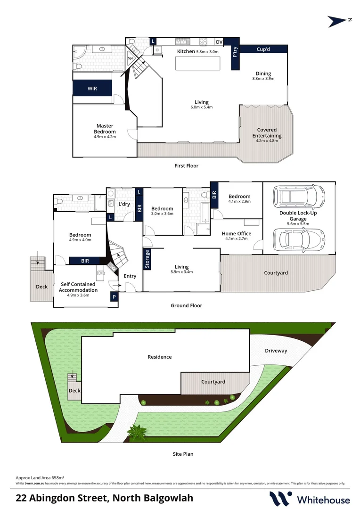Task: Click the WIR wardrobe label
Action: click(92, 88)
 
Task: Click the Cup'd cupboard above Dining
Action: click(263, 49)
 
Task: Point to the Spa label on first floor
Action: click(131, 58)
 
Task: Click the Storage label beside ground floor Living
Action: click(147, 259)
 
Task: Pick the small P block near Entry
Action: click(114, 297)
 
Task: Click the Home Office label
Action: click(237, 234)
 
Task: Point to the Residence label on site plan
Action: click(160, 357)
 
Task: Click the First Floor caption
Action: click(186, 166)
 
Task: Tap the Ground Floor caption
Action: click(186, 305)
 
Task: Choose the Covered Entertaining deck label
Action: click(267, 132)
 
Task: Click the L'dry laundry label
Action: click(124, 204)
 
